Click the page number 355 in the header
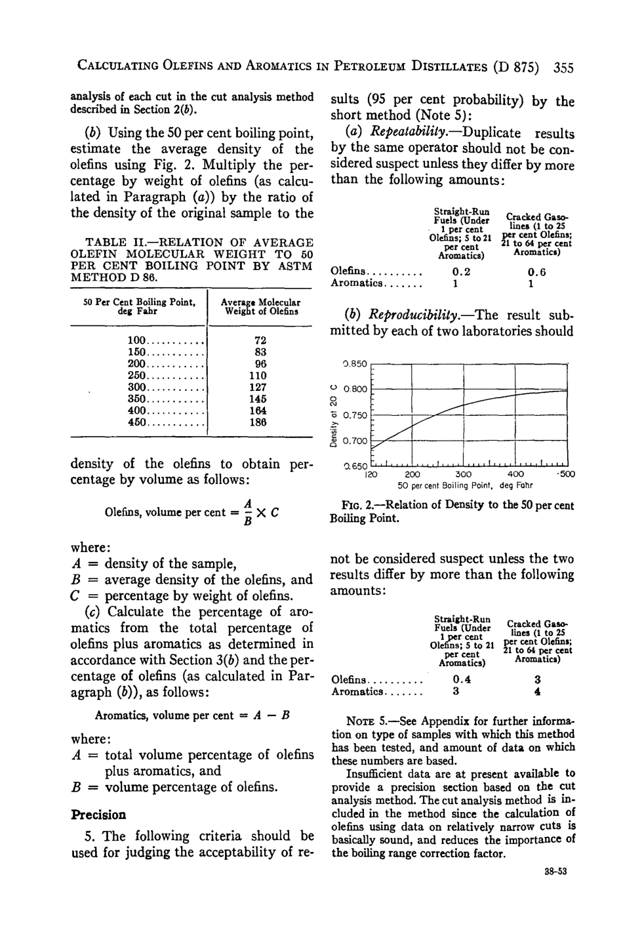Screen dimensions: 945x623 (x=563, y=67)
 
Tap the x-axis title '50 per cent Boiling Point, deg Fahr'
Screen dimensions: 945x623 (x=465, y=485)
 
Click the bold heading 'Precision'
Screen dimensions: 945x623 (x=98, y=815)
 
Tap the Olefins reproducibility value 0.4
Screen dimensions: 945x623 (x=462, y=679)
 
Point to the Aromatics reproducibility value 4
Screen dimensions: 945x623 (x=537, y=691)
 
